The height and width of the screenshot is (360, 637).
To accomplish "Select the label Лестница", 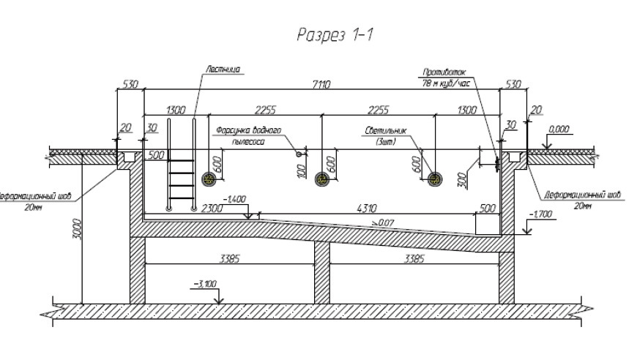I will tap(225, 70).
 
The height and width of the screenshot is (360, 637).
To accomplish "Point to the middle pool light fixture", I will tap(321, 179).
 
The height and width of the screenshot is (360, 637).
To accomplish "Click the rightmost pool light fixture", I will tap(436, 179).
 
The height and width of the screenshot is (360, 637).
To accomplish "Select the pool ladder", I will tap(182, 167).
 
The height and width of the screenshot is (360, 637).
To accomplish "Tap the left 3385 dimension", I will tap(231, 258).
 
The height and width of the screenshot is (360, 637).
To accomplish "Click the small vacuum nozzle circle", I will tap(299, 154).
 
